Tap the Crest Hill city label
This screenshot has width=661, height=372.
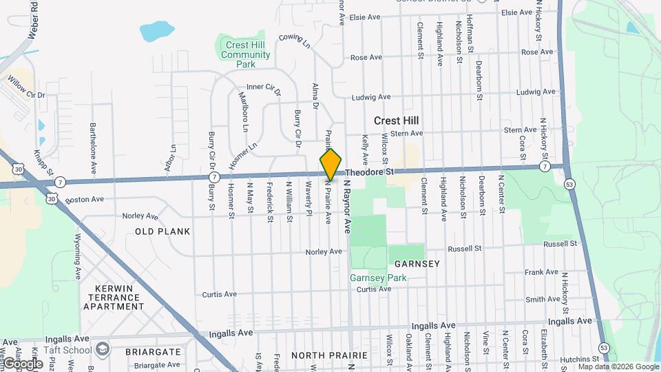point(397,121)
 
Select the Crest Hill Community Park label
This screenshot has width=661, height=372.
point(246,54)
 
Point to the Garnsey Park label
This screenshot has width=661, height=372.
point(378,278)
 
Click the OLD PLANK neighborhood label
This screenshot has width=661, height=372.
point(162,231)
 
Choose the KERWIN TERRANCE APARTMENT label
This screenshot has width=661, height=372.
point(114,298)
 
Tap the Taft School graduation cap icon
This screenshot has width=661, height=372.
point(103,349)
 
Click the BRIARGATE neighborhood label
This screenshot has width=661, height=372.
point(153,351)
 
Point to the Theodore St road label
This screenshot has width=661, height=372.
point(369,172)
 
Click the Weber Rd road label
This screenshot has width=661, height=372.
point(32,20)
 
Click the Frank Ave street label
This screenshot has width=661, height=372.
point(541,272)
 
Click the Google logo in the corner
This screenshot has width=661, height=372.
point(23,363)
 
